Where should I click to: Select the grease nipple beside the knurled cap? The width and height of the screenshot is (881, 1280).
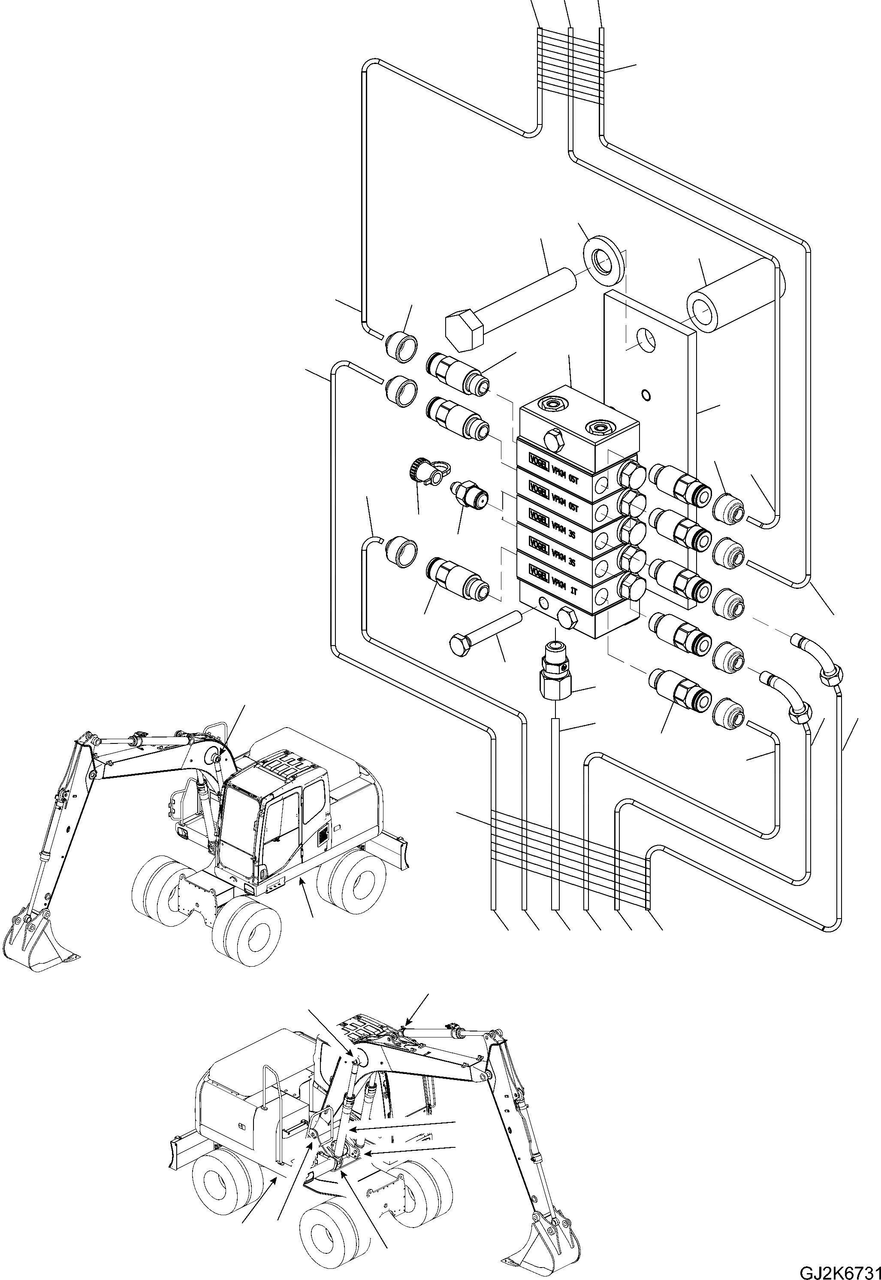point(468,491)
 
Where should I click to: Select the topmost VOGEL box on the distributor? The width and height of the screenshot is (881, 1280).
point(539,459)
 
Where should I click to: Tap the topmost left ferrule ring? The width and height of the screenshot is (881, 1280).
point(401,347)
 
